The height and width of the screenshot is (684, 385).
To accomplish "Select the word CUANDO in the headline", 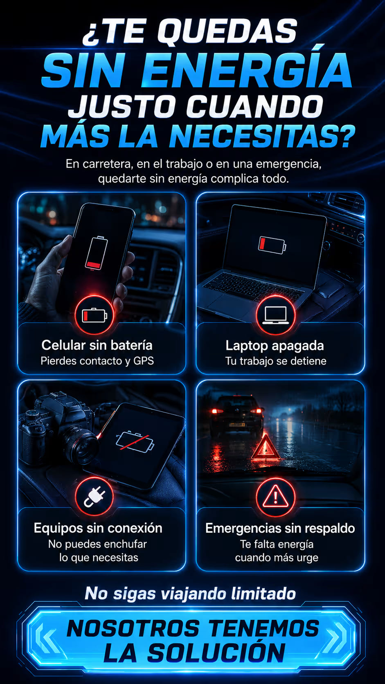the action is click(x=254, y=107).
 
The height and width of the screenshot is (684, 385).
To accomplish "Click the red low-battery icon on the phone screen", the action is click(x=97, y=253).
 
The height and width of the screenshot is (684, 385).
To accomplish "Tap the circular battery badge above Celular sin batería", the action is click(x=95, y=315).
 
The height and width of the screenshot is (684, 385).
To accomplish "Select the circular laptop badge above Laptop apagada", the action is click(x=275, y=315).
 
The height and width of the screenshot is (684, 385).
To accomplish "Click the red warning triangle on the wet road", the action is click(x=266, y=448).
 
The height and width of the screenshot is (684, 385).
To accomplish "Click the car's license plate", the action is click(x=237, y=425).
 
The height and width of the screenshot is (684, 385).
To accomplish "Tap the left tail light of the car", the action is click(x=217, y=411).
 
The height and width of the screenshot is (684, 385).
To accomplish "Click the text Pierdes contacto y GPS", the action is click(x=97, y=361).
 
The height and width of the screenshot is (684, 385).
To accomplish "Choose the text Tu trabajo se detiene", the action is click(x=276, y=361).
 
